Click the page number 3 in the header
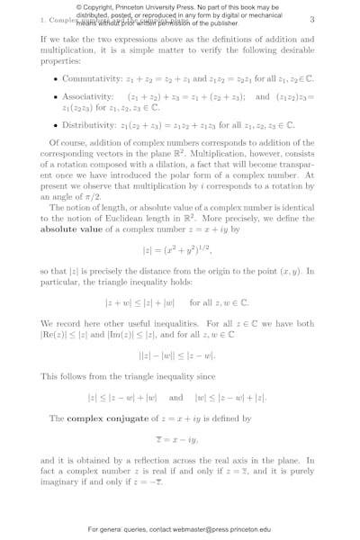(x=312, y=19)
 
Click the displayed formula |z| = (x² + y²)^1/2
(x=180, y=251)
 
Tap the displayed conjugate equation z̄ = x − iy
(x=180, y=440)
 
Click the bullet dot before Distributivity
(x=57, y=125)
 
